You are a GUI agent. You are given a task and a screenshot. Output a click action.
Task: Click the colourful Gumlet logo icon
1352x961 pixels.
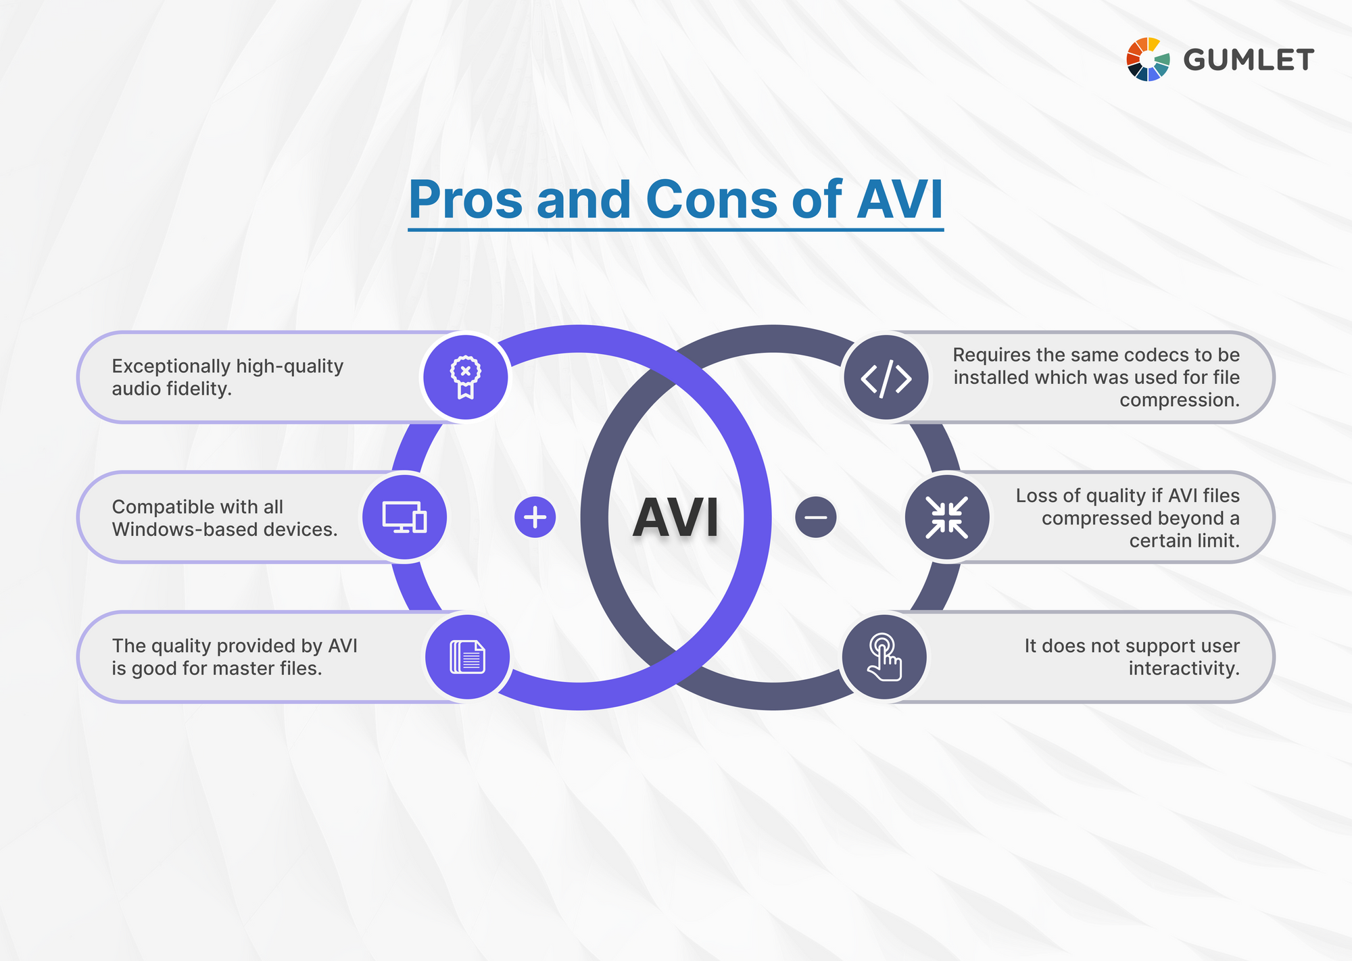[1147, 59]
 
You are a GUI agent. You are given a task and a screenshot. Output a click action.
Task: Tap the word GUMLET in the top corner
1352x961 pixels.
[1248, 60]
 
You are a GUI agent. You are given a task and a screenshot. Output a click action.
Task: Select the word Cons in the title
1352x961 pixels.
[711, 200]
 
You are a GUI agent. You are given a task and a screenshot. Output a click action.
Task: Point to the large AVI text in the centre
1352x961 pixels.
[675, 518]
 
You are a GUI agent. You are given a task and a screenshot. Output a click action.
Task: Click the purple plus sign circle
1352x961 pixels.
[535, 518]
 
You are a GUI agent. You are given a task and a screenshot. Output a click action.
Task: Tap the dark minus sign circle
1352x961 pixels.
[816, 518]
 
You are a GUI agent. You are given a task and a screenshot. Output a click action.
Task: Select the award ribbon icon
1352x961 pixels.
[465, 377]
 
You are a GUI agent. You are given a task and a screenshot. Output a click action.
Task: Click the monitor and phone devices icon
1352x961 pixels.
[404, 518]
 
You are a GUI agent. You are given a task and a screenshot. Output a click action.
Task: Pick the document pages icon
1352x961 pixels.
[467, 657]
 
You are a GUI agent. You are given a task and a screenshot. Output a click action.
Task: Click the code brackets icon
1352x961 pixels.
[886, 378]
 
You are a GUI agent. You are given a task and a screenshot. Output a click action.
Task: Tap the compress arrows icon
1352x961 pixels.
[946, 518]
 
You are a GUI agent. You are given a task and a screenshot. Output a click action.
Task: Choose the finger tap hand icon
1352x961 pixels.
[884, 657]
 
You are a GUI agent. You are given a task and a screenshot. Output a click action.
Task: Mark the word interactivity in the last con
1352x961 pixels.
[1184, 669]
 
